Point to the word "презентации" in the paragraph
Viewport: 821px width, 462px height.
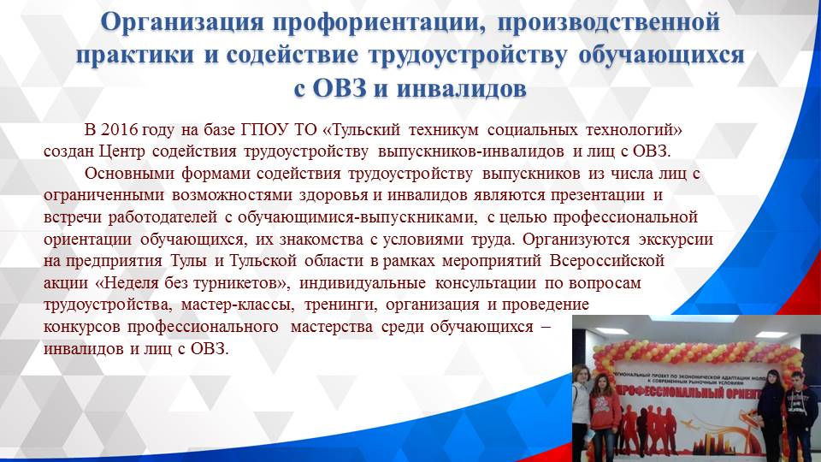click(600, 195)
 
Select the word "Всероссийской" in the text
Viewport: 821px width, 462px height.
click(609, 260)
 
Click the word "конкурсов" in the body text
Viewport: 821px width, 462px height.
click(81, 327)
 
